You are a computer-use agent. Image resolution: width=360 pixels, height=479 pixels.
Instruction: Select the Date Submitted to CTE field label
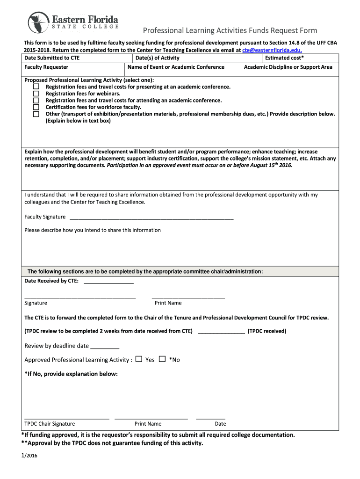pos(52,58)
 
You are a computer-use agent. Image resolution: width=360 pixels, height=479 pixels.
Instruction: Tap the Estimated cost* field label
pos(284,58)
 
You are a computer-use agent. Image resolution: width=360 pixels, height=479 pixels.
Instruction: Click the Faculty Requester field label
pos(46,67)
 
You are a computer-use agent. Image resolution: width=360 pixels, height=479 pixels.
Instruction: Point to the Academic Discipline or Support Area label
pos(288,67)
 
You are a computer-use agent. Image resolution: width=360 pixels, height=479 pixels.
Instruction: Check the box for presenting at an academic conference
pos(36,87)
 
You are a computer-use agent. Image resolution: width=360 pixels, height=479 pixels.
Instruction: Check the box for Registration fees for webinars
pos(36,94)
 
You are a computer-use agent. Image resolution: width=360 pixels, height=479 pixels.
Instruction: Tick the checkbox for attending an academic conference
pos(36,100)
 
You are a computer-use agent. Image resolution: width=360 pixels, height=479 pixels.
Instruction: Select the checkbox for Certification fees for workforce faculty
pos(36,107)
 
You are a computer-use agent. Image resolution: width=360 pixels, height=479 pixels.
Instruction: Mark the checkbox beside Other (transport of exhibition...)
pos(36,114)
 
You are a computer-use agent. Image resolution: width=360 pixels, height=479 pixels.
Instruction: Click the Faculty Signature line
pos(151,218)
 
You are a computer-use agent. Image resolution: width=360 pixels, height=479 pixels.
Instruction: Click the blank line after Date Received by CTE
pos(108,282)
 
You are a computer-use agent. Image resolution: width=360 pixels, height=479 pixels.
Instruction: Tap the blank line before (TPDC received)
pos(221,332)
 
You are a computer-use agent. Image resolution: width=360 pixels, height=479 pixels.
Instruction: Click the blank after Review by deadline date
pos(105,347)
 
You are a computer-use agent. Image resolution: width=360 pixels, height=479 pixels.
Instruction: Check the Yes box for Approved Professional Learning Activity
pos(139,359)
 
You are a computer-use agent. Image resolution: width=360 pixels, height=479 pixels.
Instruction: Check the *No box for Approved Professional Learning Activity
pos(162,359)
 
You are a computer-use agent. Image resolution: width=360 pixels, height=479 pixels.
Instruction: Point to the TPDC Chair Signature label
pos(50,424)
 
